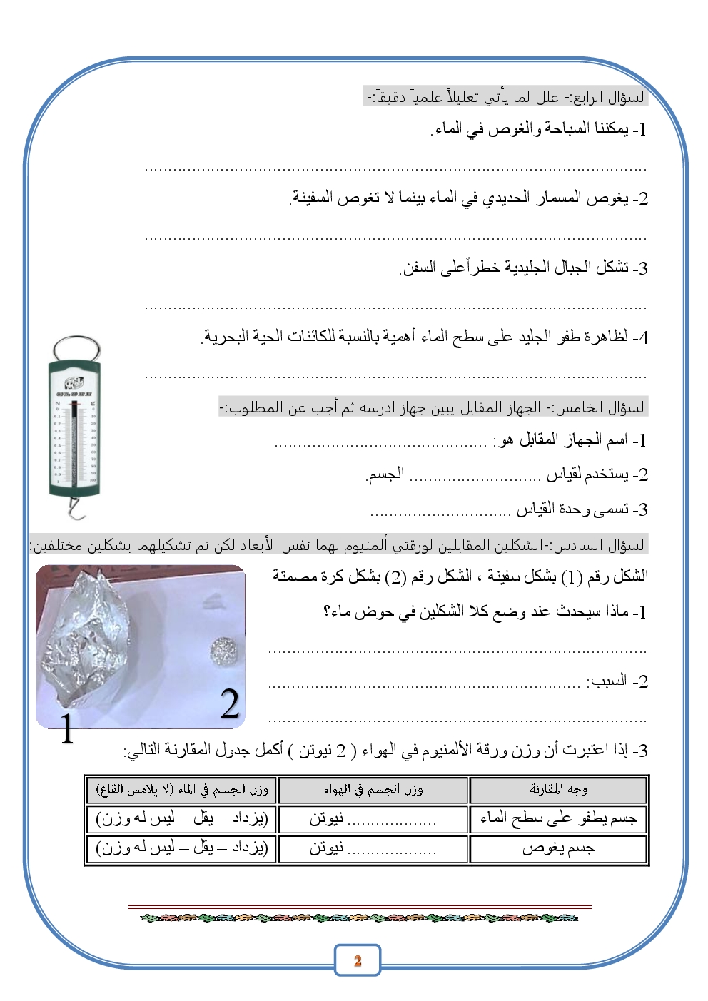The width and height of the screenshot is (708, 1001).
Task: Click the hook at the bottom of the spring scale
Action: click(x=74, y=508)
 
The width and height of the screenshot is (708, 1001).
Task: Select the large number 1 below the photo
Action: click(x=66, y=728)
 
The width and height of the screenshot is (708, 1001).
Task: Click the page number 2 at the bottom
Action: click(x=358, y=960)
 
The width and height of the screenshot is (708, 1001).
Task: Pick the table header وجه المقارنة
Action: click(x=558, y=789)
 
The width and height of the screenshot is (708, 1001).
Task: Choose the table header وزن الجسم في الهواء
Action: click(x=373, y=789)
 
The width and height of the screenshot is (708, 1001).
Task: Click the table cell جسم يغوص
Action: click(x=558, y=848)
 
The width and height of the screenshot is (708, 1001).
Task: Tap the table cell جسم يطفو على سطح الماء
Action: click(x=558, y=818)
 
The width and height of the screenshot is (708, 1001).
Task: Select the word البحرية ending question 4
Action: click(x=226, y=336)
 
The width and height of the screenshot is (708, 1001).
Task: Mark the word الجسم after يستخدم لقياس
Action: click(x=386, y=474)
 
